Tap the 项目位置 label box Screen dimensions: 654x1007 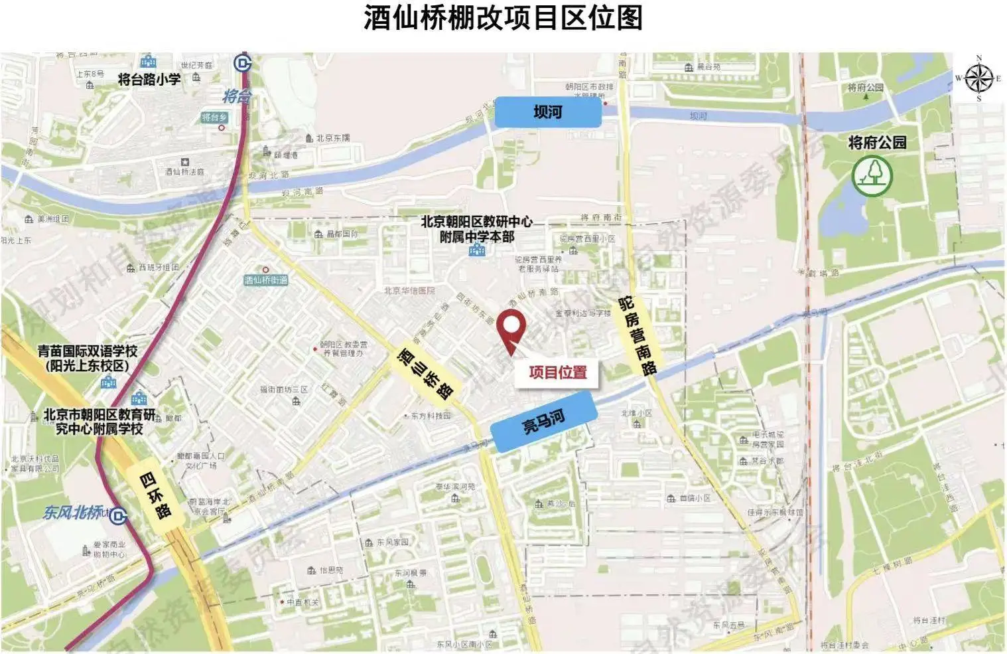point(557,372)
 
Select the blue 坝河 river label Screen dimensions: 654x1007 point(548,112)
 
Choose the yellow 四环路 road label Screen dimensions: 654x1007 point(155,495)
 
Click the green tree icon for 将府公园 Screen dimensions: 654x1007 point(872,175)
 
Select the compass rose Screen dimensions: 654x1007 point(978,78)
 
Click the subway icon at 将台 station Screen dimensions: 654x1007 point(243,64)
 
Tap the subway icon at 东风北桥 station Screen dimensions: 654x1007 point(119,515)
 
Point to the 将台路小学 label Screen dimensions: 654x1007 point(149,79)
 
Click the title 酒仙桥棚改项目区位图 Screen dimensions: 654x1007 point(503,18)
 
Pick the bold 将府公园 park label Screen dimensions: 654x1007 point(877,143)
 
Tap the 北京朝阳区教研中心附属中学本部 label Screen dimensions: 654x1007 point(476,229)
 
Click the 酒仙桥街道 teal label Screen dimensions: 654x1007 point(266,280)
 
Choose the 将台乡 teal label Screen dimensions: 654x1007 point(214,118)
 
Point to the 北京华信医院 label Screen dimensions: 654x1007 point(409,291)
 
